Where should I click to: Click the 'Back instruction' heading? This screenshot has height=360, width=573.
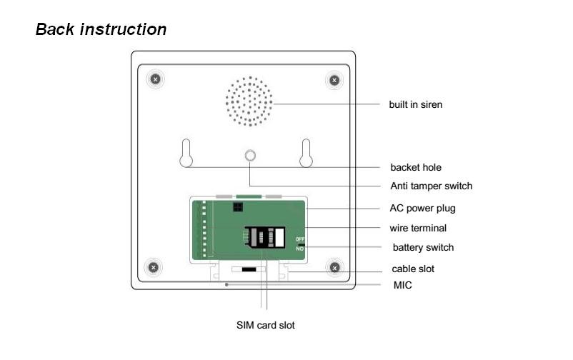[x=101, y=30]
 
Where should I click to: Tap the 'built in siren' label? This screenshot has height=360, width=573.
[x=415, y=104]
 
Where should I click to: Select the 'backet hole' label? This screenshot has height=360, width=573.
[x=416, y=167]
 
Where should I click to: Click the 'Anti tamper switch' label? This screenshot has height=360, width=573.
[x=431, y=186]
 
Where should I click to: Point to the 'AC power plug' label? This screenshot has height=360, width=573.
[x=422, y=209]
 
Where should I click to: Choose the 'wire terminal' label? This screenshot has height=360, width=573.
[x=418, y=228]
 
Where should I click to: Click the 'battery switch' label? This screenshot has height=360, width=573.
[x=423, y=247]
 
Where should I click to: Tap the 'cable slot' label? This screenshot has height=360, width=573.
[x=413, y=269]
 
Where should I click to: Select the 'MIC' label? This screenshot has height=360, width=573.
[x=402, y=285]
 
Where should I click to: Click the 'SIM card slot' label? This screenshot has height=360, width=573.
[x=266, y=325]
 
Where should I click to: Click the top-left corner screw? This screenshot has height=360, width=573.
[x=156, y=79]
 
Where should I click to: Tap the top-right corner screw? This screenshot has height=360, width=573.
[x=334, y=79]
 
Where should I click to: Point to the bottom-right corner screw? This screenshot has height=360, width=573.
[x=335, y=268]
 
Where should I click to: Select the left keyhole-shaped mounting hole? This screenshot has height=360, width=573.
[x=186, y=152]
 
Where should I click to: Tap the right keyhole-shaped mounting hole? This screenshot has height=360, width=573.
[x=306, y=152]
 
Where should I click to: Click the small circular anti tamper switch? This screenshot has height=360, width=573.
[x=249, y=156]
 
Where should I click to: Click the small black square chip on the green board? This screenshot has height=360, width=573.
[x=236, y=207]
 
